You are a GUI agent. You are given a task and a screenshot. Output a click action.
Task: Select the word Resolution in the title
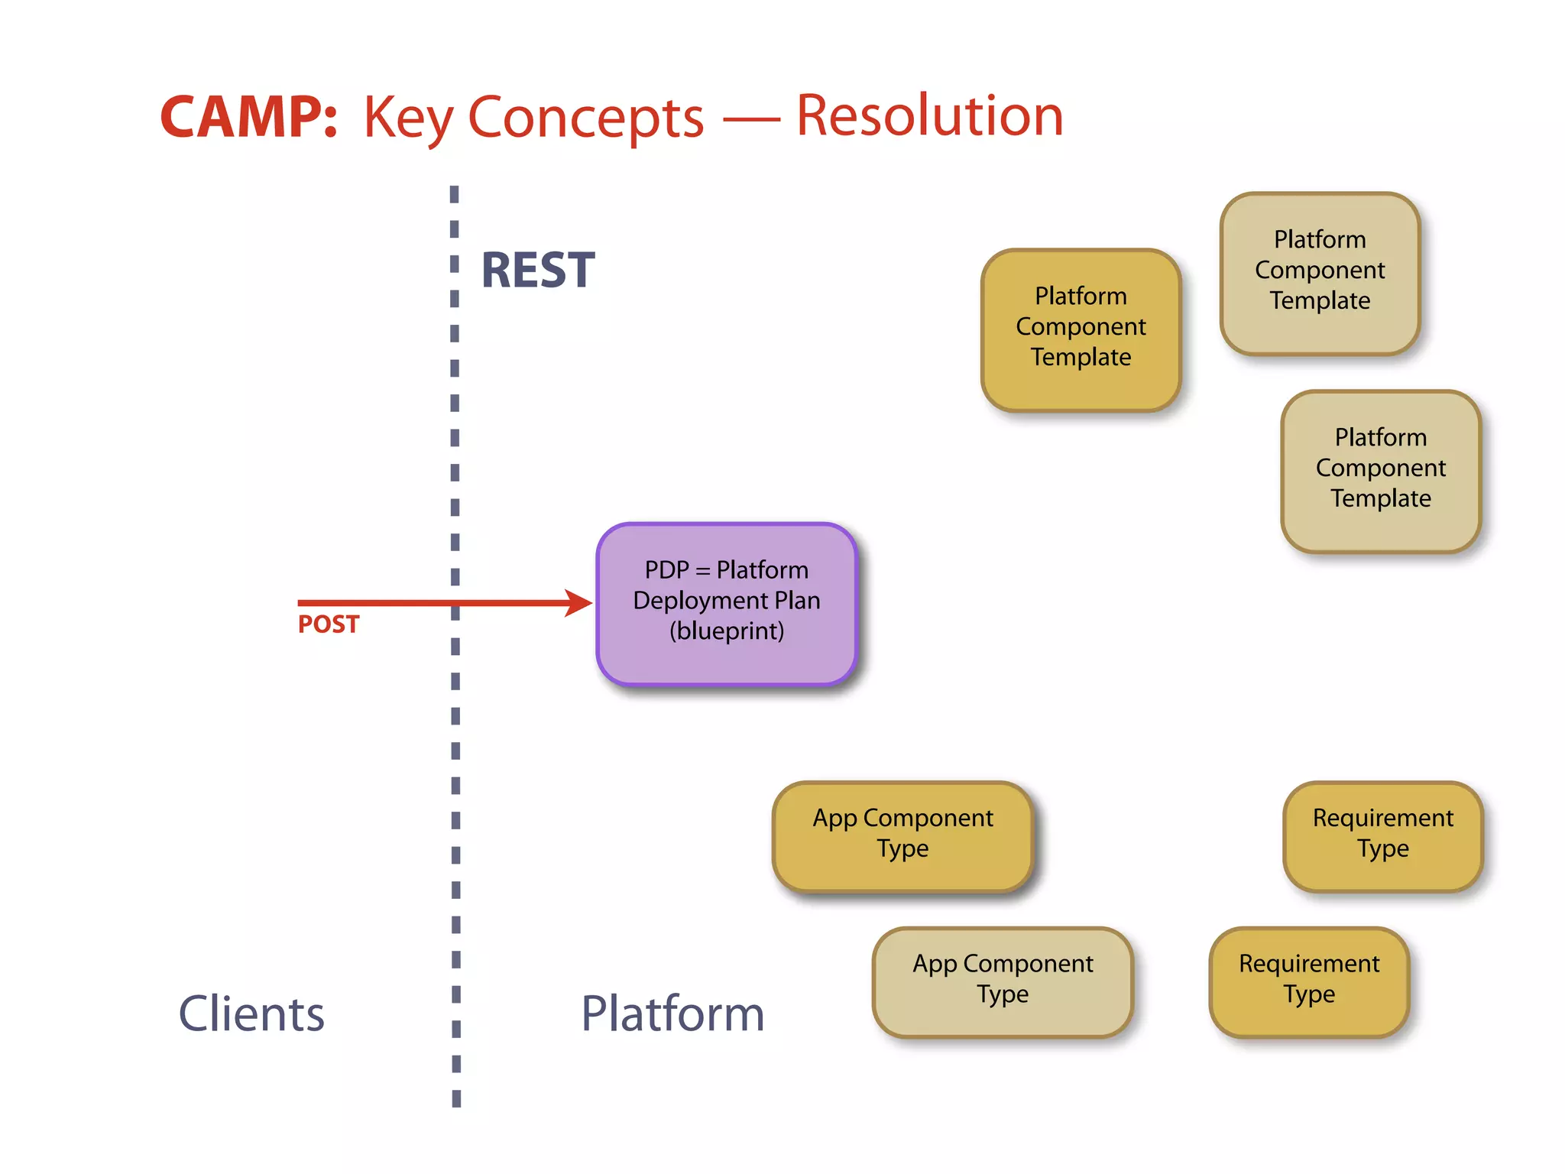click(929, 116)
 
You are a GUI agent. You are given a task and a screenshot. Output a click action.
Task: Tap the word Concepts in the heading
click(585, 118)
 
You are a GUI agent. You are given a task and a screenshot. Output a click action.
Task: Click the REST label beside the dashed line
click(538, 271)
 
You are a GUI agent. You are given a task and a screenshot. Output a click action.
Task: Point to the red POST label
click(329, 624)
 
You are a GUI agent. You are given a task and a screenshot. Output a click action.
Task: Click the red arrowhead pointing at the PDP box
click(580, 603)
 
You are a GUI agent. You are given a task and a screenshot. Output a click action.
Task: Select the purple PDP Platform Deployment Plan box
click(727, 603)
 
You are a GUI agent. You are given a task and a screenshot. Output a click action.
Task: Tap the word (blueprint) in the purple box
click(727, 631)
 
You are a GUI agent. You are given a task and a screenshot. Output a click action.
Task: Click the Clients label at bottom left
click(251, 1013)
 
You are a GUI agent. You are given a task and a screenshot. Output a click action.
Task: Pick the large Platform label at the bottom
click(672, 1013)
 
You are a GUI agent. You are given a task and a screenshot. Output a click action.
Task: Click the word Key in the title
click(409, 118)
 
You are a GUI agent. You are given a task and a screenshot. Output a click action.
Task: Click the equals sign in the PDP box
click(703, 571)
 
